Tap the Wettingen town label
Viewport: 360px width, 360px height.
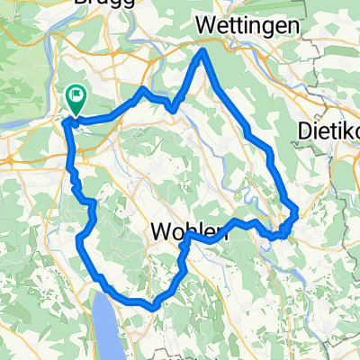pyautogui.click(x=247, y=26)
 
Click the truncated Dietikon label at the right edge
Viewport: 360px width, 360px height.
pyautogui.click(x=328, y=132)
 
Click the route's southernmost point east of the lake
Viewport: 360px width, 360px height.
pyautogui.click(x=155, y=307)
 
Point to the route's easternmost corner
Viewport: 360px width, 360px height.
pyautogui.click(x=296, y=211)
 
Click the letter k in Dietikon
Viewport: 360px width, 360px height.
pyautogui.click(x=347, y=132)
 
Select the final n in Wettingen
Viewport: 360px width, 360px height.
pyautogui.click(x=292, y=27)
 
